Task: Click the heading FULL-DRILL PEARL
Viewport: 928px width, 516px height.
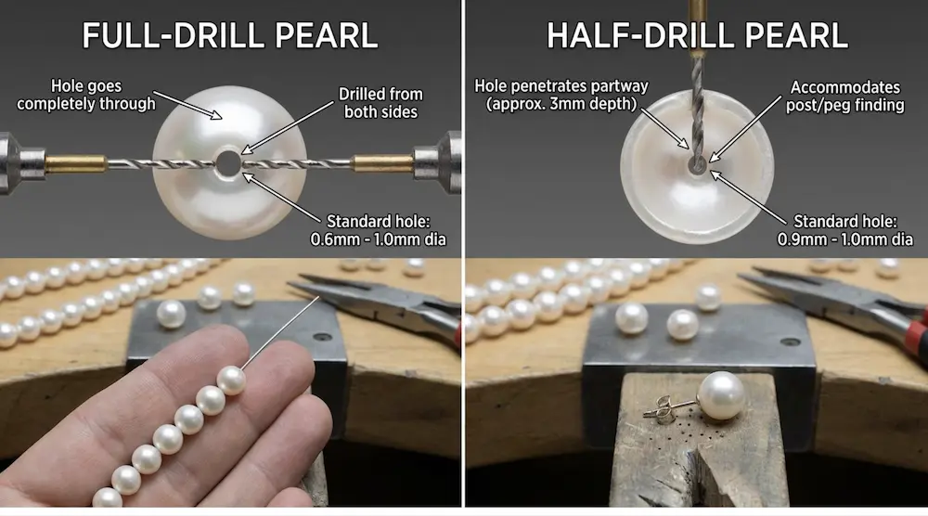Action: (229, 35)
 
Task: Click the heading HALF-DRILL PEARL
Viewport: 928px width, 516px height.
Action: (696, 35)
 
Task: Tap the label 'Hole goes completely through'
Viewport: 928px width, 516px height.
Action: (85, 95)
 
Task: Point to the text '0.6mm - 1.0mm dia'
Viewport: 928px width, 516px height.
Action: (378, 239)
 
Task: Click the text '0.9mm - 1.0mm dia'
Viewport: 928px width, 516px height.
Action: (844, 239)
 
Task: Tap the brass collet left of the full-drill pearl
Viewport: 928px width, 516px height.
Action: (75, 164)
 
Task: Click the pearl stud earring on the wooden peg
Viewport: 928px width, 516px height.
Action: (722, 395)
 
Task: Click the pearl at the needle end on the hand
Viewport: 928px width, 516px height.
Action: (231, 380)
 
